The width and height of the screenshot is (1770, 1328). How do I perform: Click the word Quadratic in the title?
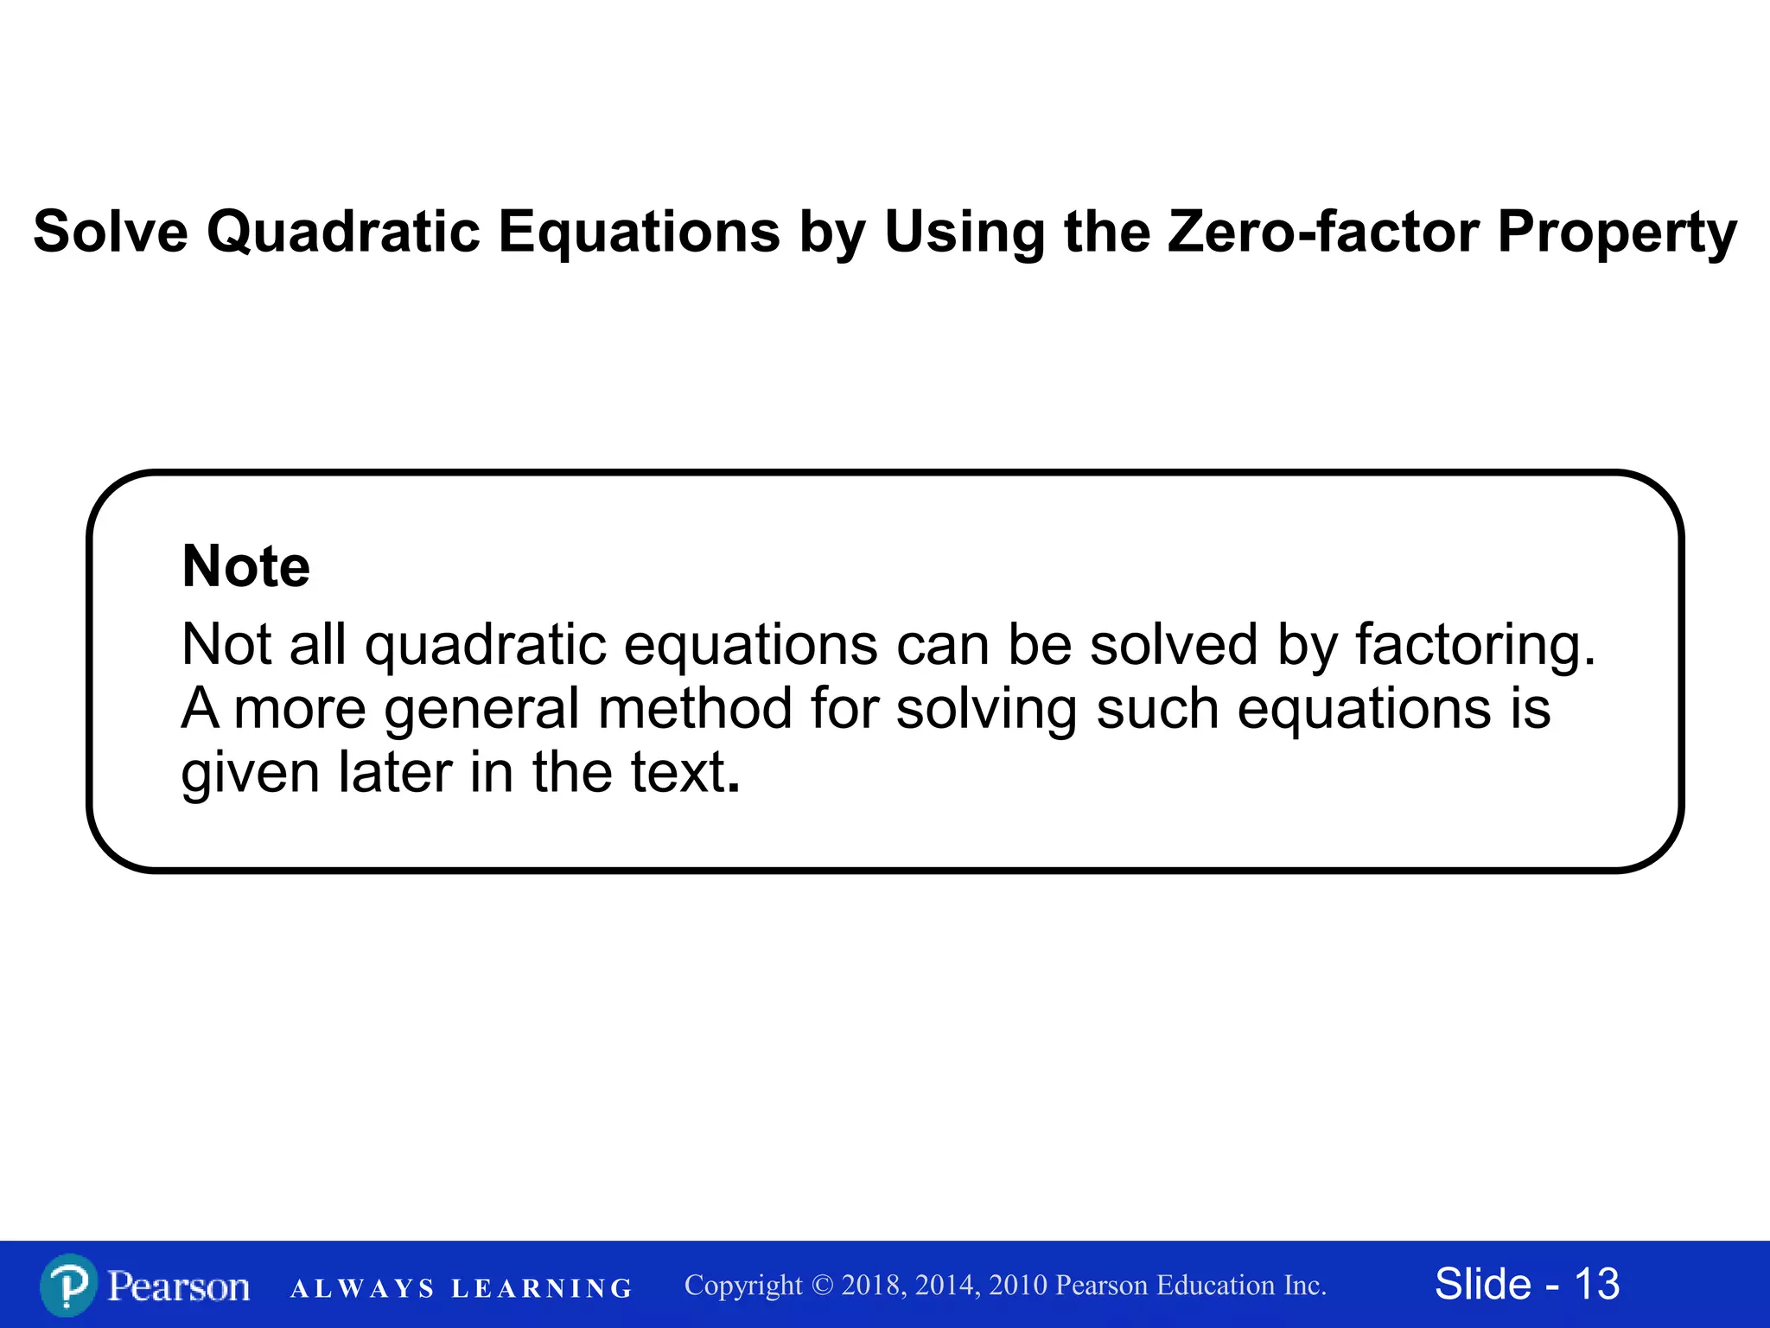[x=342, y=232]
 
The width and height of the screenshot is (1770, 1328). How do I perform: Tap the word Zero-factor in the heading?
[x=1323, y=232]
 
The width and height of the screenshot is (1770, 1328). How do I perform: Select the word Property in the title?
[x=1616, y=232]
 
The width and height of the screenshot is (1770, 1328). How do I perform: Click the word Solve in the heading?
[x=111, y=232]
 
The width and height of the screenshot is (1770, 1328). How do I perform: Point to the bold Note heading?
[x=245, y=566]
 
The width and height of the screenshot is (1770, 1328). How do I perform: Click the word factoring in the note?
[x=1474, y=645]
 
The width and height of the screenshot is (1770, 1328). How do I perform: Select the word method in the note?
[x=694, y=708]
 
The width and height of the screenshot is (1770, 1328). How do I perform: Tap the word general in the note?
[x=481, y=708]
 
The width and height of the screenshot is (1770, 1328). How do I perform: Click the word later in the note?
[x=395, y=771]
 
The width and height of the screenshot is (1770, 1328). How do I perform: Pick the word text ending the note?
[x=678, y=771]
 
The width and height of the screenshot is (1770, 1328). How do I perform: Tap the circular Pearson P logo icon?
[x=67, y=1285]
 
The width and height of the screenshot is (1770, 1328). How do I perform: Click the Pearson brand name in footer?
[x=179, y=1286]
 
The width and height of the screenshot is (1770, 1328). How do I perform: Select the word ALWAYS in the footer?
[x=362, y=1288]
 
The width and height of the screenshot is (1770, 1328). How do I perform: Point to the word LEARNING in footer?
[x=542, y=1288]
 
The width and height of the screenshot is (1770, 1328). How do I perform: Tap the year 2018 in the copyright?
[x=874, y=1285]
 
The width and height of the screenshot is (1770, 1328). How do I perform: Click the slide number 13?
[x=1596, y=1284]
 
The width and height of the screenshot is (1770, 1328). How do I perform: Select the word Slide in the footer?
[x=1482, y=1284]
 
